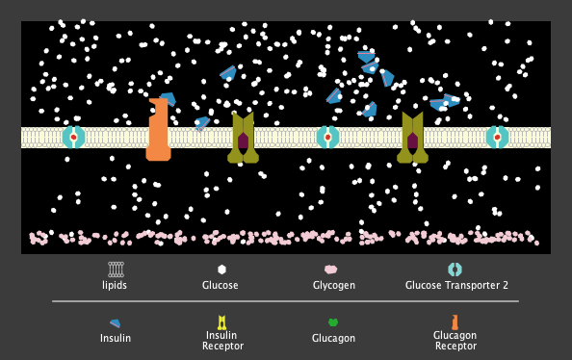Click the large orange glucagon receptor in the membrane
[159, 130]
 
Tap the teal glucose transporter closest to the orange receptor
[74, 137]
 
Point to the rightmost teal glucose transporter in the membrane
[497, 137]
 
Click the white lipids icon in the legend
[116, 270]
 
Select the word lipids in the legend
[115, 285]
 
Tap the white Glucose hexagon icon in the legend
[221, 270]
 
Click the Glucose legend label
[221, 285]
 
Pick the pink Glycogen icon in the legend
[331, 270]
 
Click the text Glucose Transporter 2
[456, 285]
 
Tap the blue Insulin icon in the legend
[116, 322]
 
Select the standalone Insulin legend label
[116, 338]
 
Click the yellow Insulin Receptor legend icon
[222, 322]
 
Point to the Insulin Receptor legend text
[222, 340]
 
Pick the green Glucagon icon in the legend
[333, 322]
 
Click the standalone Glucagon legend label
[333, 338]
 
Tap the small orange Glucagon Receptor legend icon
[455, 322]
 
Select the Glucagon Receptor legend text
[455, 340]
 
